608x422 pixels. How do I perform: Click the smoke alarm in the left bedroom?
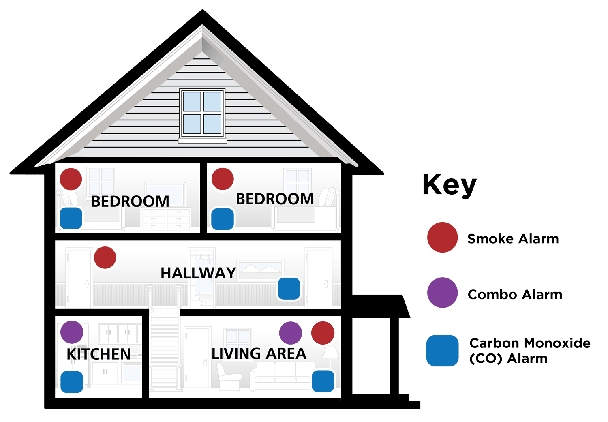pos(71,179)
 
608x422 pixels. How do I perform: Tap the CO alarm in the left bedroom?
pos(71,218)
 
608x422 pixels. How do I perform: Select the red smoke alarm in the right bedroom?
pos(223,179)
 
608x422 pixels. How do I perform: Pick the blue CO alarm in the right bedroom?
pos(223,219)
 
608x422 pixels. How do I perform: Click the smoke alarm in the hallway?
pos(105,257)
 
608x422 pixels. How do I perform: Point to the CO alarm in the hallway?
pos(289,289)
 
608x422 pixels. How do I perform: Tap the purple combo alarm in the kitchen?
pos(72,332)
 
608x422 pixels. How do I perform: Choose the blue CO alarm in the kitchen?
pos(72,382)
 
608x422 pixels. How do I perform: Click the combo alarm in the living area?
pos(291,333)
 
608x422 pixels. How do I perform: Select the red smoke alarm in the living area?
pos(323,333)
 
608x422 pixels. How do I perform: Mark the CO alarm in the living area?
pos(323,381)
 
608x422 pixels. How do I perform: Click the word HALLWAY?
pos(198,273)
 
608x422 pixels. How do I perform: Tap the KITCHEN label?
pos(98,354)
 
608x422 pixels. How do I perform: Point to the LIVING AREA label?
pos(259,353)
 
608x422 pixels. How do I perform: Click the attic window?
pos(202,114)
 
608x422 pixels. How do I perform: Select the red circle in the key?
pos(442,238)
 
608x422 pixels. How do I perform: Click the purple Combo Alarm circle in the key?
pos(442,293)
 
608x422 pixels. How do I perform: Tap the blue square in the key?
pos(442,351)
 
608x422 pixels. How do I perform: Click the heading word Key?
pos(450,185)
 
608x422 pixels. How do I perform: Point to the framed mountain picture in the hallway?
pos(261,269)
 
